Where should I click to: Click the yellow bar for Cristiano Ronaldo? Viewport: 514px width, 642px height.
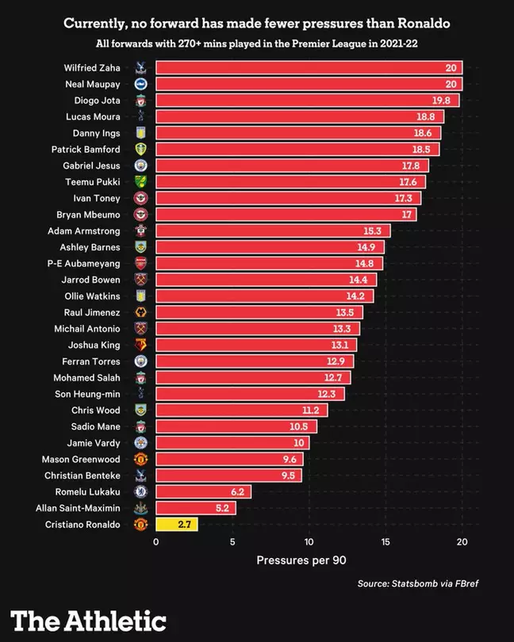click(x=177, y=525)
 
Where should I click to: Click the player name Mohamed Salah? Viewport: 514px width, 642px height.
click(x=87, y=377)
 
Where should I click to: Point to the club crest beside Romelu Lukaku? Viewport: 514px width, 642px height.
click(x=140, y=491)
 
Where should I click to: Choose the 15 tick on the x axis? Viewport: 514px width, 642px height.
click(x=385, y=542)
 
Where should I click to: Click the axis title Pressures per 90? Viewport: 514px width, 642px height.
click(x=301, y=560)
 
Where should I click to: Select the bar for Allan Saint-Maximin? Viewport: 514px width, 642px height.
click(x=195, y=508)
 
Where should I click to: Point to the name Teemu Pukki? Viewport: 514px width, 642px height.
click(x=93, y=182)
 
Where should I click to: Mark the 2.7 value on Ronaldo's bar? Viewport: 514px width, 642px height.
click(x=185, y=525)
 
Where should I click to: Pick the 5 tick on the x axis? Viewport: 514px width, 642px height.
click(x=232, y=542)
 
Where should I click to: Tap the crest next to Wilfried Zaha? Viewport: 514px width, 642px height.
click(x=140, y=68)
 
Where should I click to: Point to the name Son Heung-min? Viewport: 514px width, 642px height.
click(x=87, y=393)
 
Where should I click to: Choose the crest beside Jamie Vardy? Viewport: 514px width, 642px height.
click(x=140, y=442)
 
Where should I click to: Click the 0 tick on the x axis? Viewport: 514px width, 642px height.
click(x=156, y=542)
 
